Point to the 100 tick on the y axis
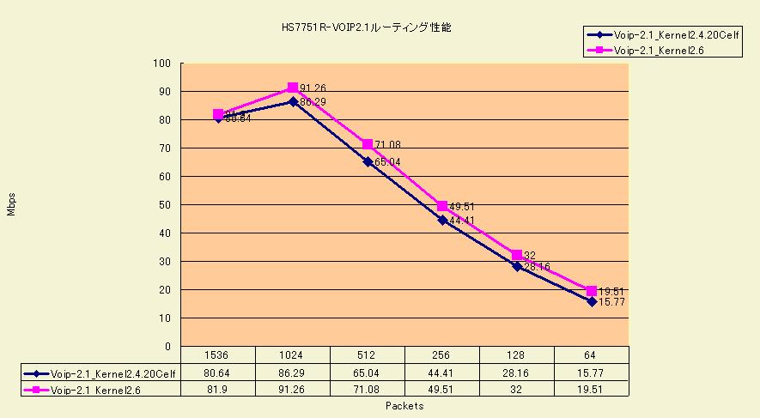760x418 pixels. [x=162, y=64]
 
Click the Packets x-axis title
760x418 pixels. [x=404, y=406]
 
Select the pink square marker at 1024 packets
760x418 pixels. [x=293, y=88]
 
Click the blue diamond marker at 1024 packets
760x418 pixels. [x=293, y=101]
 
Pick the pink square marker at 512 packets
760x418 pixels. [x=368, y=144]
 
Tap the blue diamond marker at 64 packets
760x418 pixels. [x=592, y=301]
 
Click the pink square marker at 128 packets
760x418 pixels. [x=517, y=256]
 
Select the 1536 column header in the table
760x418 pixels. [x=218, y=354]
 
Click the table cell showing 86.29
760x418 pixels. [x=293, y=373]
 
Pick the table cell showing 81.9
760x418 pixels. [x=218, y=390]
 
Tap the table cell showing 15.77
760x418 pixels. [x=592, y=373]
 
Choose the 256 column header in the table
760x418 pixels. [x=442, y=354]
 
